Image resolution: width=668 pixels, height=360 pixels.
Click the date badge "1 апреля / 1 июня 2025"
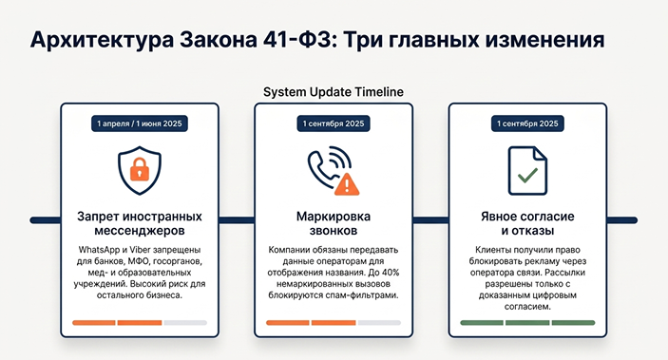pyautogui.click(x=140, y=123)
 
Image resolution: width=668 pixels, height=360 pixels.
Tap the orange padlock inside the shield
pyautogui.click(x=140, y=169)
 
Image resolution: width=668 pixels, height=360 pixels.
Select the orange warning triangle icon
pyautogui.click(x=347, y=184)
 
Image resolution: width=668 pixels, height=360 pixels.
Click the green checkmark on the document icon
pyautogui.click(x=527, y=175)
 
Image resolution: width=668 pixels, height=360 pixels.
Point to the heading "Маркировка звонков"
pyautogui.click(x=334, y=223)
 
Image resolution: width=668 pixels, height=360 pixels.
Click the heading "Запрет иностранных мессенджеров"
pyautogui.click(x=140, y=223)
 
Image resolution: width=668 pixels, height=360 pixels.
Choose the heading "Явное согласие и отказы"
pyautogui.click(x=527, y=223)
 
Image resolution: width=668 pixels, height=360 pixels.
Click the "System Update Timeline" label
pyautogui.click(x=334, y=92)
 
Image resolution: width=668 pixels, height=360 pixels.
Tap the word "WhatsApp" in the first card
pyautogui.click(x=98, y=250)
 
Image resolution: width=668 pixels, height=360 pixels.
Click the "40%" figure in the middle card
pyautogui.click(x=390, y=273)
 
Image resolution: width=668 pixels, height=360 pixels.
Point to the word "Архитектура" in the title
pyautogui.click(x=102, y=40)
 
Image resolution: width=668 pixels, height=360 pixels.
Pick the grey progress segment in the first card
pyautogui.click(x=185, y=323)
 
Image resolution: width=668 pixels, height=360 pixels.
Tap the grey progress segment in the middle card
pyautogui.click(x=379, y=323)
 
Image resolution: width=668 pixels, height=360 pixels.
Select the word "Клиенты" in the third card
pyautogui.click(x=493, y=250)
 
